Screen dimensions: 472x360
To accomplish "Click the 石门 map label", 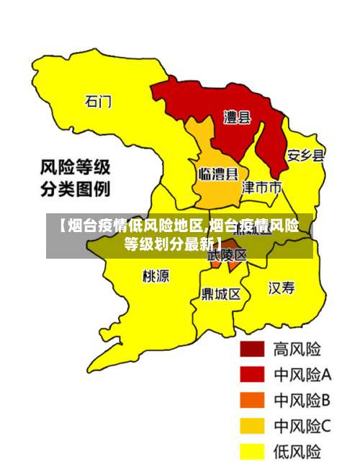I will (x=98, y=102).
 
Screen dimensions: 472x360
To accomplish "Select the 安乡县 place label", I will (x=306, y=155).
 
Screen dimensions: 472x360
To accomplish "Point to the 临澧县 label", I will (x=217, y=174).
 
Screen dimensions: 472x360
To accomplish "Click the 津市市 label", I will (x=261, y=188).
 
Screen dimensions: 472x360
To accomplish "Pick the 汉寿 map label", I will (x=282, y=288).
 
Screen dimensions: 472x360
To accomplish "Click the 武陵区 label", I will (x=228, y=255).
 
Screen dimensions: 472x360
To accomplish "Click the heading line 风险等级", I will (x=74, y=169).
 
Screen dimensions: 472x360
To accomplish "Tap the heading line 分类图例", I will (x=74, y=191).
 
